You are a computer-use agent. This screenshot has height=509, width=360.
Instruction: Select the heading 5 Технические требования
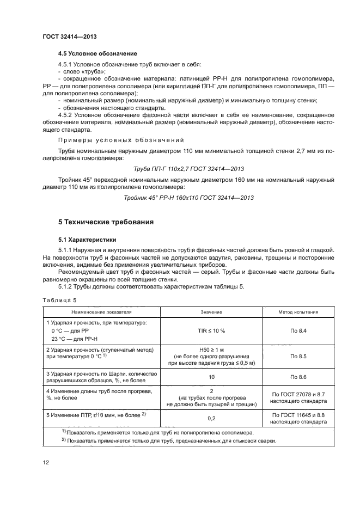click(x=106, y=222)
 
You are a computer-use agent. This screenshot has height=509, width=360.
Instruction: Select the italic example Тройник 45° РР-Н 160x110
click(x=189, y=197)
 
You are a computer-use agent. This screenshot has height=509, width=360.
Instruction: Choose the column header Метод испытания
click(x=298, y=312)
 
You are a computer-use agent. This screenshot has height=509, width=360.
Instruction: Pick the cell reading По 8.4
click(x=298, y=330)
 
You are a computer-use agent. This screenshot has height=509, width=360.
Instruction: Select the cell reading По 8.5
click(x=298, y=355)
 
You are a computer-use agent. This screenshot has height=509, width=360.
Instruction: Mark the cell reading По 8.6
click(x=298, y=377)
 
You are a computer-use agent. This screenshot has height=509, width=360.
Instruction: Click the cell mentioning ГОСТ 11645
click(x=298, y=418)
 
